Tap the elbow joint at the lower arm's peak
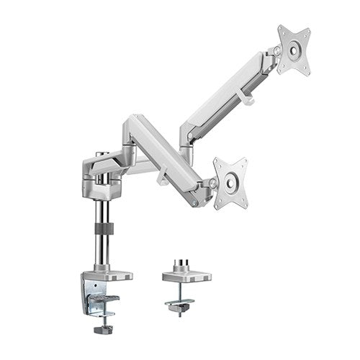point(135,121)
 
